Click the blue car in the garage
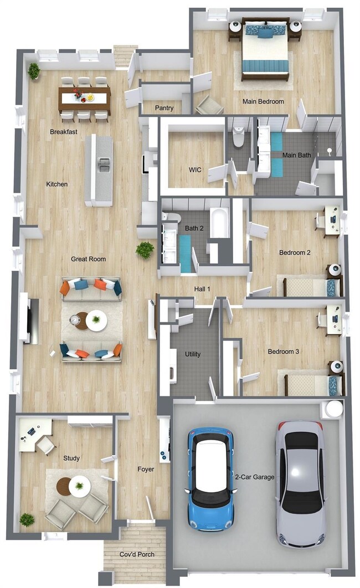(x=210, y=479)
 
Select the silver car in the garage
(x=300, y=484)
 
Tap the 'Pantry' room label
(x=164, y=108)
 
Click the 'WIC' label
(x=195, y=170)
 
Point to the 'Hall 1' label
(x=202, y=289)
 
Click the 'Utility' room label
(x=193, y=354)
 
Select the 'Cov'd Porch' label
(x=137, y=554)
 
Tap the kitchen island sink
(x=103, y=165)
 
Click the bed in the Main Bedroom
(x=265, y=48)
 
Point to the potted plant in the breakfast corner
(x=34, y=70)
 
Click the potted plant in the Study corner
(x=27, y=520)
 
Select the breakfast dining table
(x=84, y=99)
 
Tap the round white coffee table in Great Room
(x=96, y=321)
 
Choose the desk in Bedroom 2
(x=332, y=221)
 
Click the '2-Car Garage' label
(x=255, y=477)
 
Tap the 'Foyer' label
(x=146, y=469)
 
